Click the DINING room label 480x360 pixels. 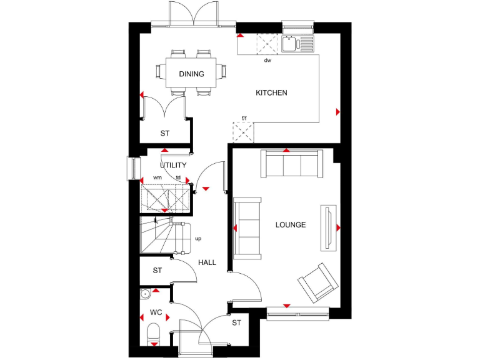[191, 74]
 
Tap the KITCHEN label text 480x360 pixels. [271, 93]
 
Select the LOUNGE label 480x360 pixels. [291, 224]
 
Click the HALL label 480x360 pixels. [207, 262]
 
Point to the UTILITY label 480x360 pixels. [173, 166]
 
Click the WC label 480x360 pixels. [156, 312]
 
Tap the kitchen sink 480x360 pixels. [291, 44]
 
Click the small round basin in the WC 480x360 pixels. [145, 293]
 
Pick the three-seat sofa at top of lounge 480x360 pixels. [291, 165]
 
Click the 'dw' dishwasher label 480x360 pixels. [267, 61]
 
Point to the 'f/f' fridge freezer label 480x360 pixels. [244, 118]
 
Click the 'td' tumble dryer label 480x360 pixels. [178, 177]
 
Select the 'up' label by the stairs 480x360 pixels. [198, 238]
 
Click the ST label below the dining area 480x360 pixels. [165, 133]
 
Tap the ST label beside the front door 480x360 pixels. [236, 323]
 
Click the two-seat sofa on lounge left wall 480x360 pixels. [247, 227]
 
